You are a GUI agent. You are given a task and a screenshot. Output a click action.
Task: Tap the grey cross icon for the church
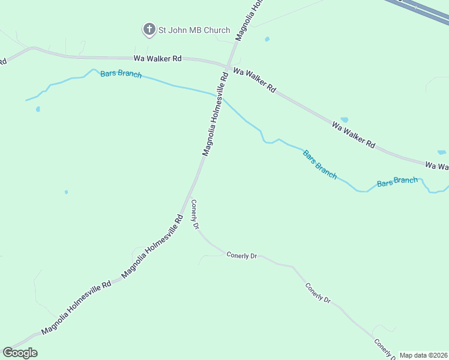pyautogui.click(x=148, y=29)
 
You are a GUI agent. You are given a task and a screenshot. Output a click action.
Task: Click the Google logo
pyautogui.click(x=20, y=353)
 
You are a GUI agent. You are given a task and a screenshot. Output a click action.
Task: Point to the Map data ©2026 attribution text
pyautogui.click(x=423, y=355)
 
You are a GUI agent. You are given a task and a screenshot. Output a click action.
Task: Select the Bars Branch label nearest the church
pyautogui.click(x=121, y=74)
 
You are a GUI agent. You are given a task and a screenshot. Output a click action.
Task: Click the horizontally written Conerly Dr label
pyautogui.click(x=241, y=255)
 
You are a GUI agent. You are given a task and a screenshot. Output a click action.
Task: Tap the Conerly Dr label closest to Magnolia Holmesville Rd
pyautogui.click(x=194, y=214)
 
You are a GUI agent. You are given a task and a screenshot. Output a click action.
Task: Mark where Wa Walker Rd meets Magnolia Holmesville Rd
pyautogui.click(x=228, y=64)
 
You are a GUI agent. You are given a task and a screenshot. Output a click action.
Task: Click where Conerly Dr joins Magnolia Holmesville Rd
pyautogui.click(x=190, y=197)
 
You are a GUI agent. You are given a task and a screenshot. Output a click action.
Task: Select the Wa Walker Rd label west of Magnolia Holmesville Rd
pyautogui.click(x=157, y=59)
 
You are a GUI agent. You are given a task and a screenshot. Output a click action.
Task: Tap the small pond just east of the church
pyautogui.click(x=267, y=40)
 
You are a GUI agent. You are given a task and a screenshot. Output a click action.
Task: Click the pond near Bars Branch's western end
pyautogui.click(x=38, y=109)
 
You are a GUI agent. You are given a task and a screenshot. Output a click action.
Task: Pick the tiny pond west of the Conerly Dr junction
pyautogui.click(x=66, y=192)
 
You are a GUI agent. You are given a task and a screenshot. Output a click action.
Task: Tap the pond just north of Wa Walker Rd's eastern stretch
pyautogui.click(x=344, y=120)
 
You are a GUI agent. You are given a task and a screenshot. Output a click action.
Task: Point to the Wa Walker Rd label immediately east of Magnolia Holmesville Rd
pyautogui.click(x=254, y=80)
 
